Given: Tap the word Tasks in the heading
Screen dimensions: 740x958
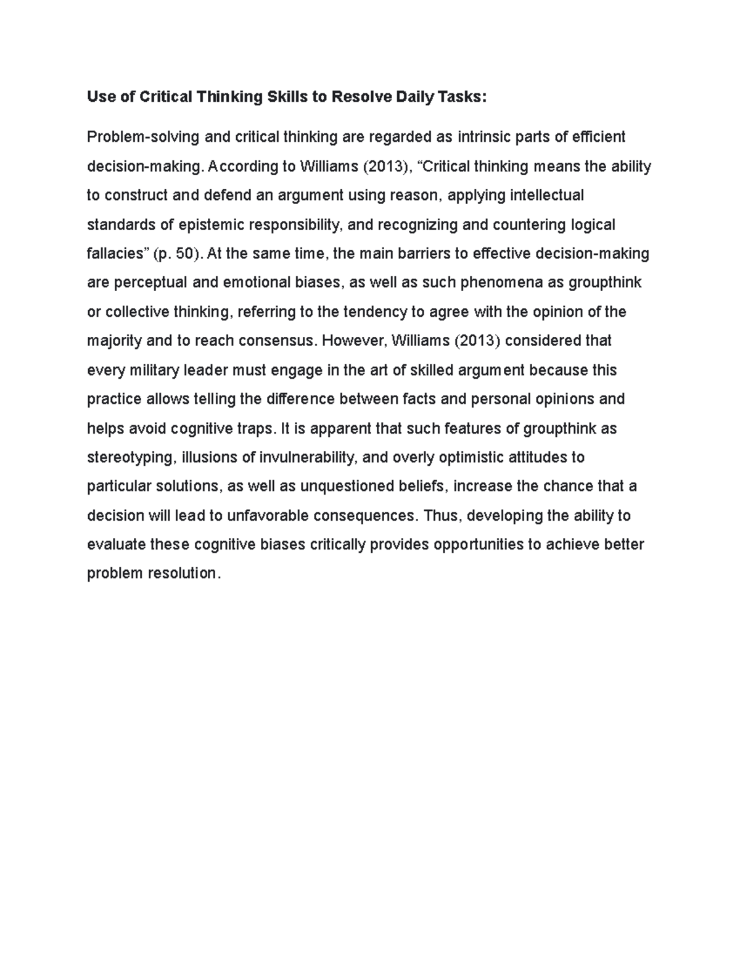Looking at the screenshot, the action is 460,97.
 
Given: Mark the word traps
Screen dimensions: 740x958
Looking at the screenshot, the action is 255,429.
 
